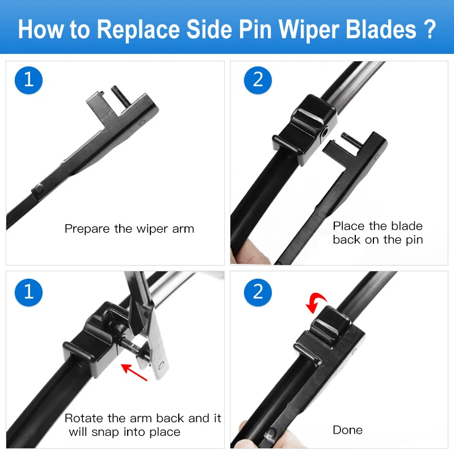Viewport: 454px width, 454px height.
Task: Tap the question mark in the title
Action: click(430, 28)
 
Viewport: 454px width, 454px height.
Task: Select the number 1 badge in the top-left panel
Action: click(29, 79)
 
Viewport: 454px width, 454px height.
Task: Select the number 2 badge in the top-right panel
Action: click(258, 79)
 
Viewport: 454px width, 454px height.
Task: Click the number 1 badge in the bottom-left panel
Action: click(29, 291)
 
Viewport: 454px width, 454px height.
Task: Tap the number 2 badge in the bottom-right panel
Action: click(258, 291)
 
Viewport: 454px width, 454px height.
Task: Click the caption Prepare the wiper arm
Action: click(129, 229)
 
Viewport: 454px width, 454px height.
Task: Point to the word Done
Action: click(347, 430)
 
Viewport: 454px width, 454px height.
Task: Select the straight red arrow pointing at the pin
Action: click(135, 373)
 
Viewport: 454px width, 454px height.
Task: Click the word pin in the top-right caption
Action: click(411, 240)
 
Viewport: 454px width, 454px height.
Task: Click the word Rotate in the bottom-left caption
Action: click(84, 419)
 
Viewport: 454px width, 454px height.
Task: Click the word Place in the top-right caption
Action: click(348, 226)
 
